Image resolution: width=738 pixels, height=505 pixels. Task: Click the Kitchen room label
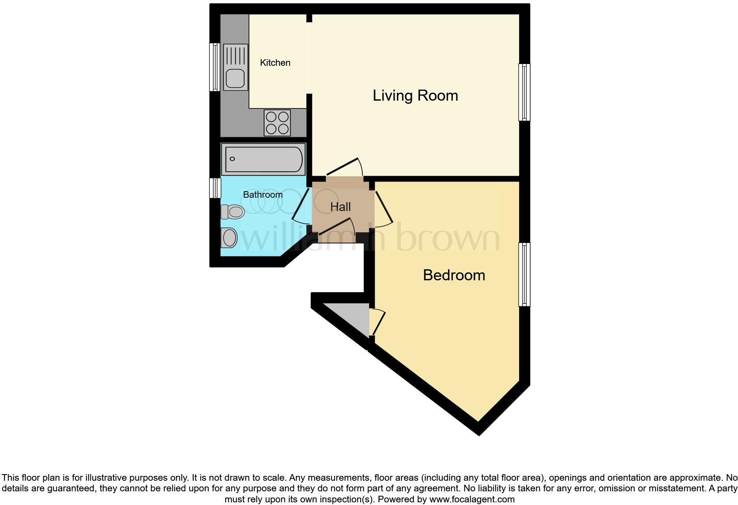click(275, 63)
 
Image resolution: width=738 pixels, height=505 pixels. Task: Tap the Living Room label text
click(415, 95)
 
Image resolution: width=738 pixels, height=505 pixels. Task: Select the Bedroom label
click(454, 275)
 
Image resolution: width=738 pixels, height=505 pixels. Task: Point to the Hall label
click(340, 207)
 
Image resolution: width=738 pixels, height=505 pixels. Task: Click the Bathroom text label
click(263, 195)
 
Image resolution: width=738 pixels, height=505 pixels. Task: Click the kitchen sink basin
click(235, 79)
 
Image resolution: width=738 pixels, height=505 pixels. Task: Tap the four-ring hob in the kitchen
click(277, 123)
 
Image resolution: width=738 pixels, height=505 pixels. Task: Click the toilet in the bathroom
click(233, 212)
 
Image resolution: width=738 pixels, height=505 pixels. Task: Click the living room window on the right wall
click(524, 92)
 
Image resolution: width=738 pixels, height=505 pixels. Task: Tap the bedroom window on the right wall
click(524, 274)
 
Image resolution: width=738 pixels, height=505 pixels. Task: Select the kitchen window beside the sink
click(215, 67)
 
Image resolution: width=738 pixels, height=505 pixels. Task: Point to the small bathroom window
click(215, 188)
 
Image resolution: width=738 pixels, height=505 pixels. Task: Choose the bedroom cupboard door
click(378, 322)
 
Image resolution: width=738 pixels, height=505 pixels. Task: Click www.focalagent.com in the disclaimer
click(472, 500)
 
